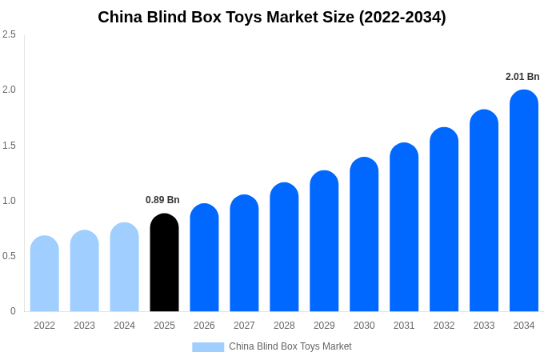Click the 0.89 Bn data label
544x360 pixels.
[x=162, y=200]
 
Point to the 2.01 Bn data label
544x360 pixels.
[x=522, y=77]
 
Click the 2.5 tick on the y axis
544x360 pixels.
[x=9, y=34]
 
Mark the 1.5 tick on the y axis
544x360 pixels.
[x=9, y=146]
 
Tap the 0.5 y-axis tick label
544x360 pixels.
[x=9, y=256]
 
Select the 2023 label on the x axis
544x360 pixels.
[x=84, y=326]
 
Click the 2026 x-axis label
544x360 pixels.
[x=204, y=326]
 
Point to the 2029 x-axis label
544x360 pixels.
[x=324, y=326]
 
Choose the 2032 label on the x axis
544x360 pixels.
[x=444, y=326]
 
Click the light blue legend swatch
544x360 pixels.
[x=208, y=347]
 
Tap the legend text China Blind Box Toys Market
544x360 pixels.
[x=290, y=346]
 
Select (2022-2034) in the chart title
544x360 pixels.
[x=402, y=17]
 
